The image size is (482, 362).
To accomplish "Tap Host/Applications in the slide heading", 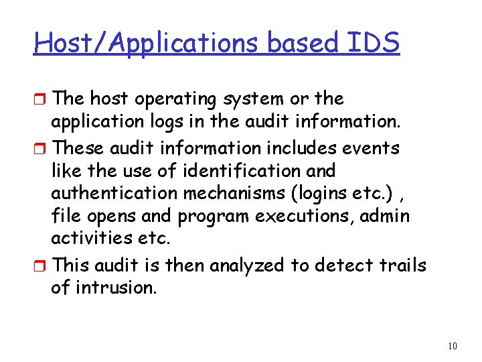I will [x=148, y=44].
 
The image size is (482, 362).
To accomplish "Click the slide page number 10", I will [x=452, y=346].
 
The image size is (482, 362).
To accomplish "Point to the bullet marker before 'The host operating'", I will [x=41, y=99].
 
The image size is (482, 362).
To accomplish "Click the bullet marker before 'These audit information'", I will [x=41, y=147].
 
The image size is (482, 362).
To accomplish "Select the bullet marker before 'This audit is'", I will [x=41, y=266].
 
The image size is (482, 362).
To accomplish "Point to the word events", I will [x=376, y=147].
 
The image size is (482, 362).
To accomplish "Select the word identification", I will [x=236, y=170].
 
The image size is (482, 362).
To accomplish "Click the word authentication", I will [x=114, y=194].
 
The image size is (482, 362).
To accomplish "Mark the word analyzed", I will [x=247, y=266].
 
